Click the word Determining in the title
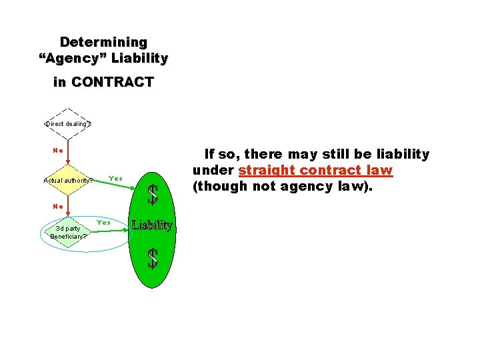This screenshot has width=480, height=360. (x=103, y=42)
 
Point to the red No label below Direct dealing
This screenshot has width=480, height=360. (x=58, y=150)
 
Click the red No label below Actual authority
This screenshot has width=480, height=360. (x=58, y=206)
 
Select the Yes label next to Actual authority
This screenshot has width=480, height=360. (x=115, y=179)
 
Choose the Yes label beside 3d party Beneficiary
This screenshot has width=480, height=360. (x=103, y=222)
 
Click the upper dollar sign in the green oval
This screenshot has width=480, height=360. (x=153, y=194)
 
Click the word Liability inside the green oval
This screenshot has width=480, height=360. (x=153, y=225)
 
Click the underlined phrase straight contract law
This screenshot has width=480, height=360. (x=315, y=171)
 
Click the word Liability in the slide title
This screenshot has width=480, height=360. (x=141, y=59)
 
